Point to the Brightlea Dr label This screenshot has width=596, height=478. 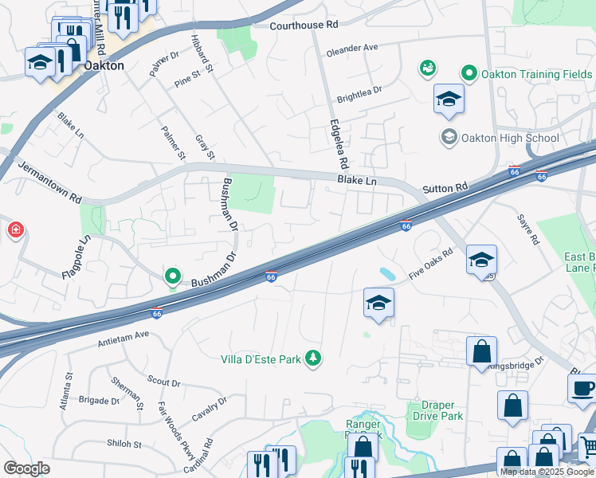(359, 95)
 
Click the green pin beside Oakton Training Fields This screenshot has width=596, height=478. (470, 74)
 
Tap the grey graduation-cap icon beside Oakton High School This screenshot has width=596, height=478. (449, 138)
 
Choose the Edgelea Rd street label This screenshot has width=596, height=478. (339, 144)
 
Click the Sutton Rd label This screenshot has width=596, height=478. (445, 188)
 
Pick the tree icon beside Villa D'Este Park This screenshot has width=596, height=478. (314, 358)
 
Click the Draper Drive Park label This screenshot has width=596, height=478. (435, 410)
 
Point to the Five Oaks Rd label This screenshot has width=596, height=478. (430, 261)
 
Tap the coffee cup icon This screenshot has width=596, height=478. (583, 388)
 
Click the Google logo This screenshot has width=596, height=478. (26, 468)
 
